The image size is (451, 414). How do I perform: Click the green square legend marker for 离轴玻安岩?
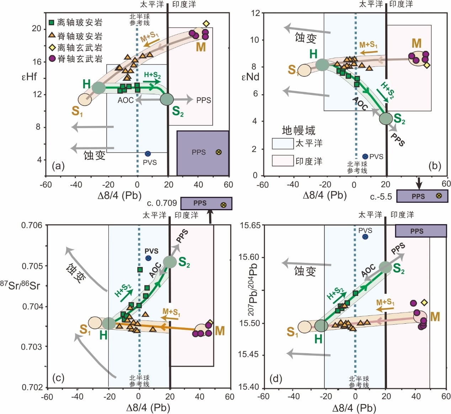(52, 23)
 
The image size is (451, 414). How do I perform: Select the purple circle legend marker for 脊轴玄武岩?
(52, 58)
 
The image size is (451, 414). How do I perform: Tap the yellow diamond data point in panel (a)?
(206, 24)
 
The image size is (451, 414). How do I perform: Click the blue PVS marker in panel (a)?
(148, 154)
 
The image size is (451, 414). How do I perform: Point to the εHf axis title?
(30, 76)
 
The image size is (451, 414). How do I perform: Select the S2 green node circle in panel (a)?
(167, 99)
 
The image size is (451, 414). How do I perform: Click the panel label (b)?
(435, 165)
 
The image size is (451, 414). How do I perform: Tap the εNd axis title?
(250, 76)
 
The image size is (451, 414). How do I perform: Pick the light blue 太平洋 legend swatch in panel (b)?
(283, 144)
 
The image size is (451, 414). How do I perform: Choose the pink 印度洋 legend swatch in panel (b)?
(283, 161)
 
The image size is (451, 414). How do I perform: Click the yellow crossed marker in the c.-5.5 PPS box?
(439, 195)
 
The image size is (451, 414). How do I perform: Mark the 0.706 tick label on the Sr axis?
(32, 225)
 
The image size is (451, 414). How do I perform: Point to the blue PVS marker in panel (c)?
(148, 258)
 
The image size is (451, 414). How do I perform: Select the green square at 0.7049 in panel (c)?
(140, 270)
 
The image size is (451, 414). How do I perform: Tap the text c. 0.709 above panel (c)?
(162, 203)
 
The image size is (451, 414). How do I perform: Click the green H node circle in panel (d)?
(321, 326)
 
